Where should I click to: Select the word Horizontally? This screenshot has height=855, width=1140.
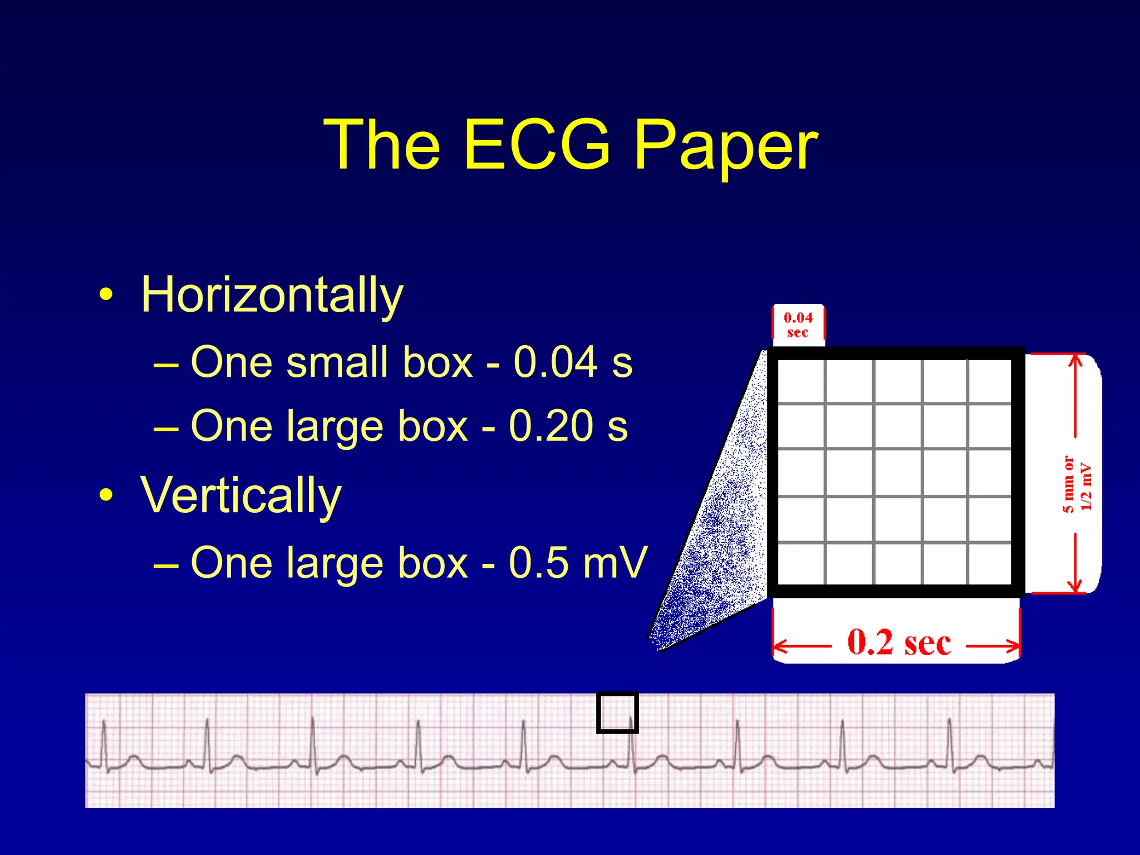click(272, 295)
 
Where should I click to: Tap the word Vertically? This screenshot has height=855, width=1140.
click(240, 495)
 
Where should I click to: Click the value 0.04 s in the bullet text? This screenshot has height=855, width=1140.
click(573, 362)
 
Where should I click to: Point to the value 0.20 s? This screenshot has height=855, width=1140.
click(568, 426)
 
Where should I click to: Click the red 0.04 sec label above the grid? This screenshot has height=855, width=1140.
click(798, 325)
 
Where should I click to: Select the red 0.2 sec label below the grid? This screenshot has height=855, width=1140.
click(898, 643)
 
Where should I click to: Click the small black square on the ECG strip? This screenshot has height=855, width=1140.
click(617, 712)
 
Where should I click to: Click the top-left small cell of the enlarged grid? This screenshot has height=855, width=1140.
click(800, 381)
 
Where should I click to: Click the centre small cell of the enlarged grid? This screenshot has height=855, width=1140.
click(897, 473)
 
